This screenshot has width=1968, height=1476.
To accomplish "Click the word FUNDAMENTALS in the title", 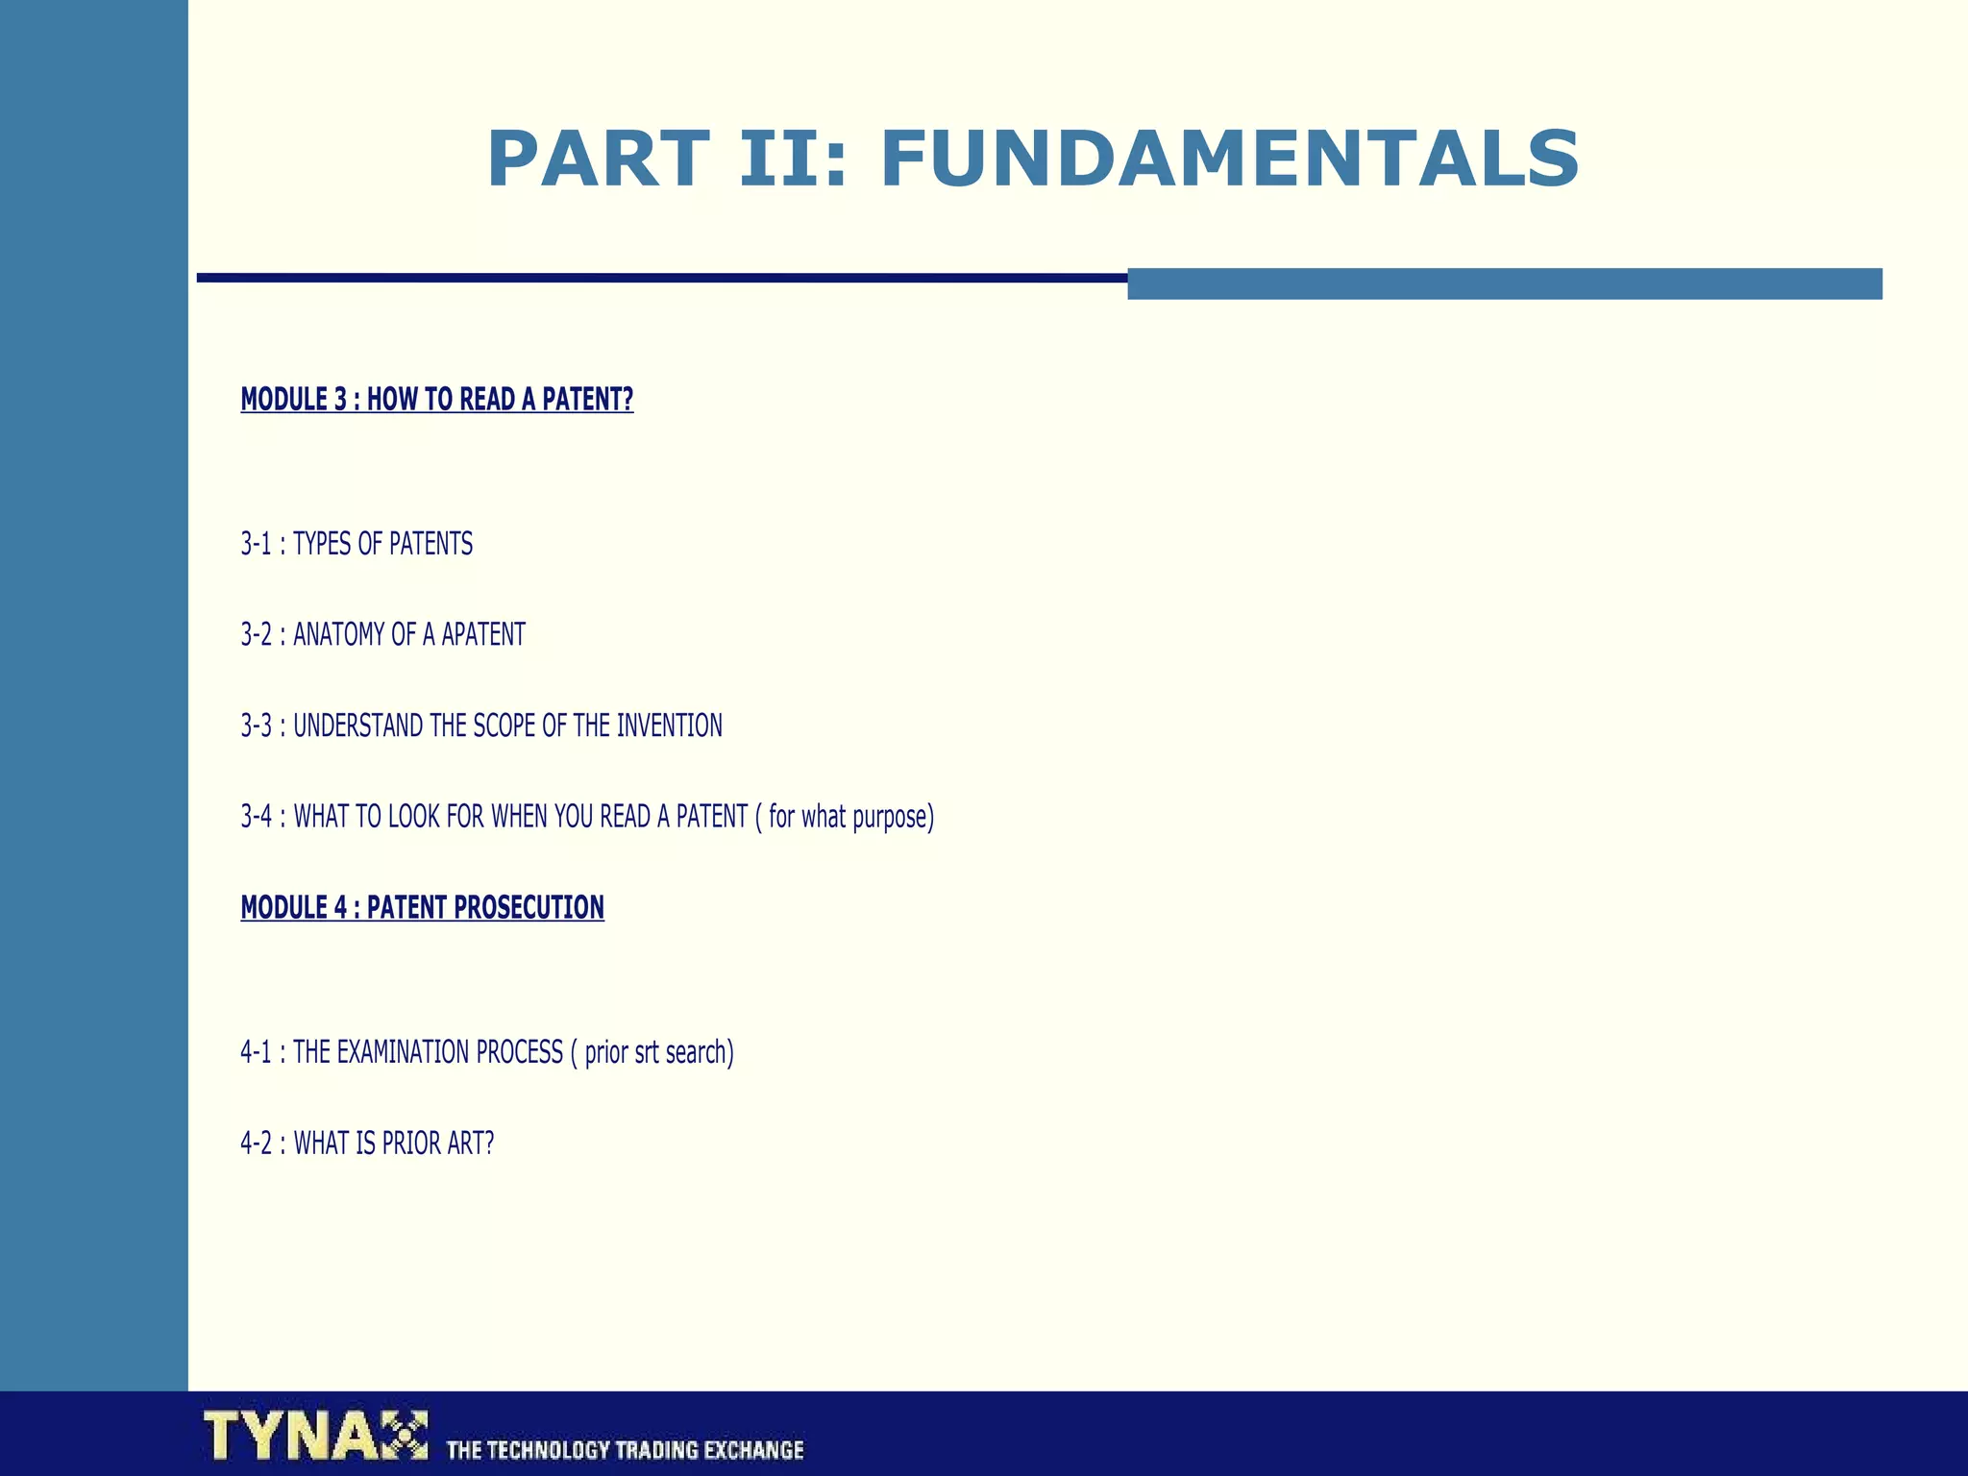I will (x=1229, y=160).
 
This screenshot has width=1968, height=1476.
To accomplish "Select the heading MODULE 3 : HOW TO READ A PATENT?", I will (x=437, y=400).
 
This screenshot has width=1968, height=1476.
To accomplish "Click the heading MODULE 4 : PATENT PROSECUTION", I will (x=423, y=908).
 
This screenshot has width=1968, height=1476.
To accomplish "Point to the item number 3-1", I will (x=257, y=545).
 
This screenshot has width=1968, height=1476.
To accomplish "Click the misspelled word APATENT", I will (x=483, y=635).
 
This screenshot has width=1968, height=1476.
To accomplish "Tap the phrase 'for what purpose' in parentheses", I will (x=848, y=817).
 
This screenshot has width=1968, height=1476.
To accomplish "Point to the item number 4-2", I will (x=257, y=1144).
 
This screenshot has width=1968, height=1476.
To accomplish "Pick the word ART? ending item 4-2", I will (x=470, y=1144).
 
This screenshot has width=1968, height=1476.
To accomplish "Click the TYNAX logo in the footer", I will (x=315, y=1435).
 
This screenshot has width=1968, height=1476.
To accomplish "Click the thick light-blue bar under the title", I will (x=1504, y=283).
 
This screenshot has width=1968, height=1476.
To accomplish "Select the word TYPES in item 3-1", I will (x=322, y=545).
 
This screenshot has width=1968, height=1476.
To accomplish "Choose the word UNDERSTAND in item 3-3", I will (x=357, y=726).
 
